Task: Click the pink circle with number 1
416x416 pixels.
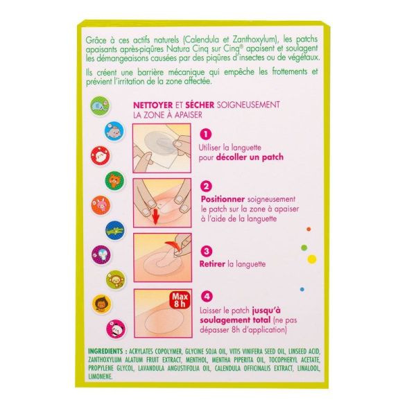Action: click(206, 135)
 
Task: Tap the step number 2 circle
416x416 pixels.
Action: click(206, 187)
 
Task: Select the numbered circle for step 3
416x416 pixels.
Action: click(207, 251)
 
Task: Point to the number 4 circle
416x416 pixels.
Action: click(207, 296)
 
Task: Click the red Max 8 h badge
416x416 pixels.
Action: click(180, 300)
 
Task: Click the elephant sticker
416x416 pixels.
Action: click(100, 105)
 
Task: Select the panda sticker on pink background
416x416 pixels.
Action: click(116, 329)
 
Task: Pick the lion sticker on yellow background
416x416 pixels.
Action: click(102, 304)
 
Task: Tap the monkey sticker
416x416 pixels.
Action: click(116, 279)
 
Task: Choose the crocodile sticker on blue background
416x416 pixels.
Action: click(115, 230)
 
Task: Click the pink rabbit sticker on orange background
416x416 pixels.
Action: click(101, 205)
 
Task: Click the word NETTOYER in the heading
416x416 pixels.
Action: click(153, 105)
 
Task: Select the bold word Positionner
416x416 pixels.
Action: click(223, 199)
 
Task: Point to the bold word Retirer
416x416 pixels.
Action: click(212, 264)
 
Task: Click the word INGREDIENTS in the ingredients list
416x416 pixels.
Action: click(105, 352)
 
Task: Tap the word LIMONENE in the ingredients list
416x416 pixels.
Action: click(100, 376)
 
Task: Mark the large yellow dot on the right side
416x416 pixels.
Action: click(312, 259)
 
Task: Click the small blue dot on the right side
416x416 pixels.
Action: click(302, 289)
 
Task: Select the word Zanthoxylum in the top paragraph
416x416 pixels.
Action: click(254, 40)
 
